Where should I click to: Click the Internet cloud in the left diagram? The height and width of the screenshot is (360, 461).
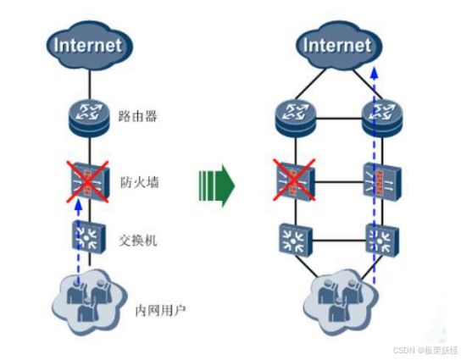pyautogui.click(x=89, y=46)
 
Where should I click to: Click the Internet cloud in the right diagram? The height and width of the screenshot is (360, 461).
pyautogui.click(x=339, y=46)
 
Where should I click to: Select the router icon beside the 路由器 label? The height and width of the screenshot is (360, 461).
pyautogui.click(x=90, y=118)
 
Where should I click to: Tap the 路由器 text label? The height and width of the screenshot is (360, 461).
pyautogui.click(x=137, y=116)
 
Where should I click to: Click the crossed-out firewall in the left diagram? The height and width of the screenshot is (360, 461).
pyautogui.click(x=88, y=181)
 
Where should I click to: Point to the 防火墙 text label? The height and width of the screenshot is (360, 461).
pyautogui.click(x=139, y=182)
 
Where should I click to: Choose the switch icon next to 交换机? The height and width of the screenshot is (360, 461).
pyautogui.click(x=88, y=238)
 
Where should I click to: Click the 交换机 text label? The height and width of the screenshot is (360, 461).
pyautogui.click(x=138, y=241)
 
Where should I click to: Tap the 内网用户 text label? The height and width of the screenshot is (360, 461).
pyautogui.click(x=160, y=310)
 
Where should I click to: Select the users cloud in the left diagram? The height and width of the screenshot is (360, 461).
pyautogui.click(x=89, y=302)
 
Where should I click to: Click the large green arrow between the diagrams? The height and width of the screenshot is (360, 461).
pyautogui.click(x=217, y=186)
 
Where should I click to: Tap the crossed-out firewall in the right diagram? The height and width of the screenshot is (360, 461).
pyautogui.click(x=294, y=180)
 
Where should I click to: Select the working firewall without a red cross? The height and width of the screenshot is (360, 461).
pyautogui.click(x=382, y=182)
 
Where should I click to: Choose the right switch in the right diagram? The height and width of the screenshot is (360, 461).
pyautogui.click(x=382, y=240)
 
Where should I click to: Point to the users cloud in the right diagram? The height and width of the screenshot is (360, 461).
pyautogui.click(x=340, y=302)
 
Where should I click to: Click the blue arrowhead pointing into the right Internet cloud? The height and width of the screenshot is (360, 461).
pyautogui.click(x=374, y=73)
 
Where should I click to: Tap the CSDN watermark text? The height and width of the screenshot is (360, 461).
pyautogui.click(x=425, y=351)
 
